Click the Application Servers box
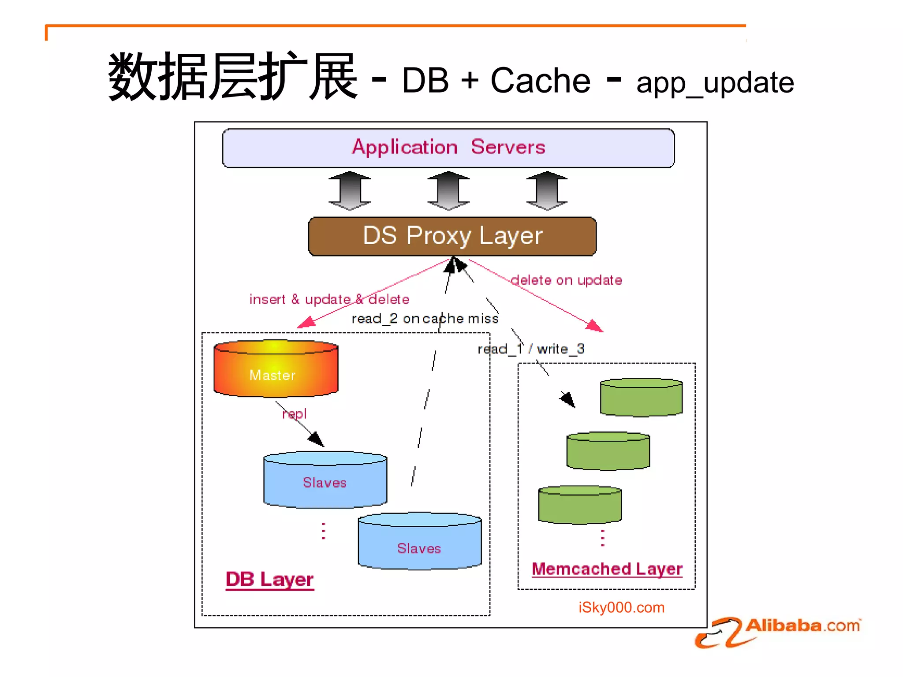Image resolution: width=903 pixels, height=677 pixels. tap(448, 148)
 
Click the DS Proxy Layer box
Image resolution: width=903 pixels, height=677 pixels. tap(452, 236)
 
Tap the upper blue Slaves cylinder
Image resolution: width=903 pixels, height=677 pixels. tap(325, 480)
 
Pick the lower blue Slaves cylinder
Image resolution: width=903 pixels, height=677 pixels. tap(419, 542)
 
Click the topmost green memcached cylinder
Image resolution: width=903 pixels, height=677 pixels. tap(641, 398)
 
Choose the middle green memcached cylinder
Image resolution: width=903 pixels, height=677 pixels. tap(608, 451)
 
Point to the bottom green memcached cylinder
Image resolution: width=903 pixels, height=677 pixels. tap(580, 505)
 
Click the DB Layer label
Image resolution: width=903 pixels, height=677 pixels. tap(269, 579)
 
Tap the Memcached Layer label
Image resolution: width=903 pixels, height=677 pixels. tap(607, 569)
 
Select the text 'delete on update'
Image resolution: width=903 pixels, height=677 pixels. tap(566, 280)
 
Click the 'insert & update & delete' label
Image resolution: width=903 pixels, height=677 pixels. tap(329, 299)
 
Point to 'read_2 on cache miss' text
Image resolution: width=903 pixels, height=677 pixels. tap(425, 319)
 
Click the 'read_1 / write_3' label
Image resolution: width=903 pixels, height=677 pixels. tap(531, 349)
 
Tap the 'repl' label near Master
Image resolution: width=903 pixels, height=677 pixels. tap(295, 414)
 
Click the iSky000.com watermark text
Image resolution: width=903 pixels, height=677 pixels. tap(621, 608)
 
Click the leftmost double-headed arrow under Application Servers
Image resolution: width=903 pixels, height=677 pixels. tap(350, 191)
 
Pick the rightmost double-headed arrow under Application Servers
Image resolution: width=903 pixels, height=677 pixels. tap(547, 191)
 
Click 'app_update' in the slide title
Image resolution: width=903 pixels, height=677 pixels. tap(715, 83)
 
